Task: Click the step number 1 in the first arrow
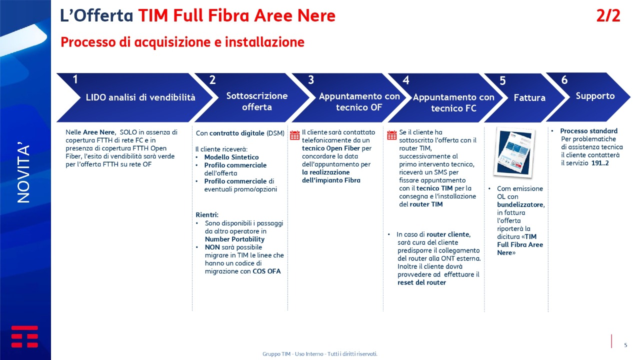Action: point(75,79)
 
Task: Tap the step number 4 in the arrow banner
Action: point(405,80)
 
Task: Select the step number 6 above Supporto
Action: point(564,80)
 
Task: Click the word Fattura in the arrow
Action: point(529,97)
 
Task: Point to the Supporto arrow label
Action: point(595,96)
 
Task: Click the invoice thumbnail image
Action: point(514,152)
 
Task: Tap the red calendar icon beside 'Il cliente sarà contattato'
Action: point(294,135)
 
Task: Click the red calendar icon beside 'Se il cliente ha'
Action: point(391,135)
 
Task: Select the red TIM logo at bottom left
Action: point(24,336)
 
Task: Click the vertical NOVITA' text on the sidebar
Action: point(23,172)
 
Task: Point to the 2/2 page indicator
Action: point(608,15)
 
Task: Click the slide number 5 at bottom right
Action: point(625,345)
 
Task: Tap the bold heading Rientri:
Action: point(207,215)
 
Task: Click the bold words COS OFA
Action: point(266,271)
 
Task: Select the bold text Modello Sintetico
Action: point(231,157)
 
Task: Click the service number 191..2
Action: point(600,163)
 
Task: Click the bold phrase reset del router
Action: point(421,282)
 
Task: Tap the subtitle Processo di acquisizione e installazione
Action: point(182,42)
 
